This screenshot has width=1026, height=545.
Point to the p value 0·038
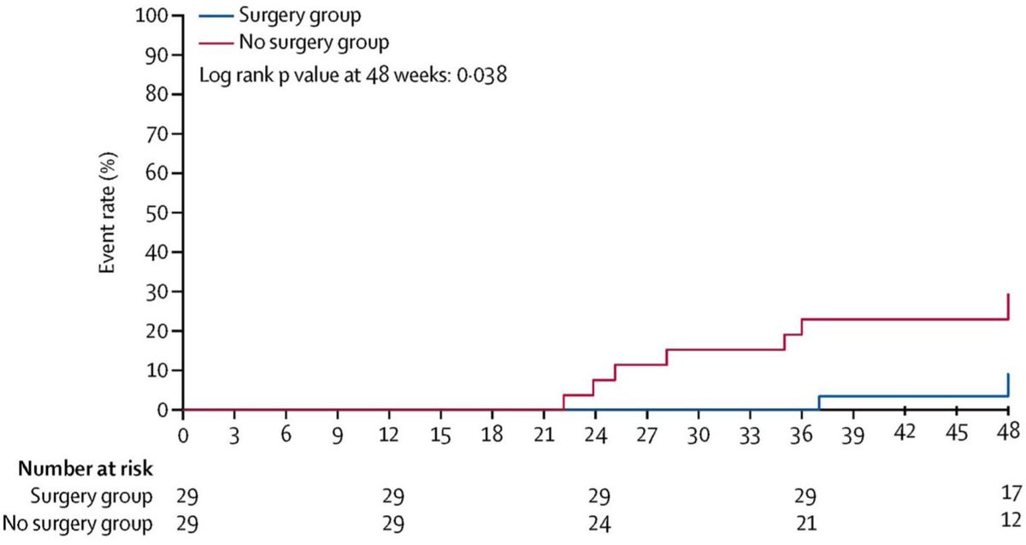480,74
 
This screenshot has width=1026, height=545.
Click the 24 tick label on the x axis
595,433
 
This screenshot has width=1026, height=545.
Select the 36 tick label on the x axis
801,433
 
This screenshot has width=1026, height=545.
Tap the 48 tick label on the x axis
1007,433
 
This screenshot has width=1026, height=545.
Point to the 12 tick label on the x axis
389,433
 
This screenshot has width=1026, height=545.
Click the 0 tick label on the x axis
183,433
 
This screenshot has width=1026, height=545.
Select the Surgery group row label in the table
91,496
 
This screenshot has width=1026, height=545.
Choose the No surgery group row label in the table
79,523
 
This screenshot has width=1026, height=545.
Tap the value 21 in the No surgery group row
805,523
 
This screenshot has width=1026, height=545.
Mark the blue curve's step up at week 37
819,403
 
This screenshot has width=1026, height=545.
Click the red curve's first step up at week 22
563,402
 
